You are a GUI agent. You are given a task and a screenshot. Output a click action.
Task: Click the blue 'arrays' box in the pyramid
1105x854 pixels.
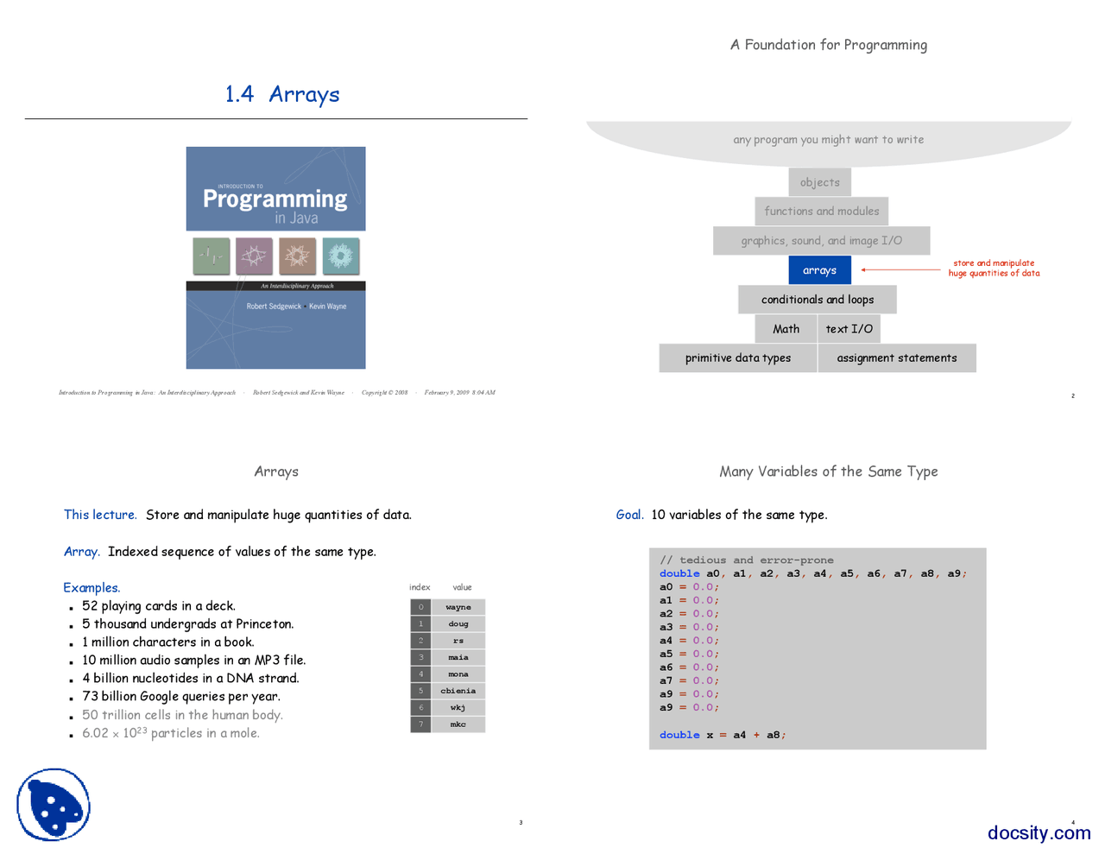point(819,270)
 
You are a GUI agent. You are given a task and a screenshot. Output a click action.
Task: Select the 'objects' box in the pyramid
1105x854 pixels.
point(819,182)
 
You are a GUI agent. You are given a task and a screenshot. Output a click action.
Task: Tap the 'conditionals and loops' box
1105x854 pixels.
point(818,300)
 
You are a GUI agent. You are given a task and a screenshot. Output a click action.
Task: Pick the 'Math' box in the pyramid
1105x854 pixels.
point(786,329)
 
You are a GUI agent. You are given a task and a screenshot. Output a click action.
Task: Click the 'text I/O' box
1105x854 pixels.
point(849,329)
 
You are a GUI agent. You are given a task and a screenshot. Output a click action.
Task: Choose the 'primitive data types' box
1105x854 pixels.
point(738,358)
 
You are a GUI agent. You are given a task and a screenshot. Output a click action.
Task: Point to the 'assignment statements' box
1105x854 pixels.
point(897,358)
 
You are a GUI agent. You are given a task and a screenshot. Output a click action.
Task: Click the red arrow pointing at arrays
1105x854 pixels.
point(900,270)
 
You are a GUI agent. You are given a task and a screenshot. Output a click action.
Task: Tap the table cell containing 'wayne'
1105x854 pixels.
point(458,607)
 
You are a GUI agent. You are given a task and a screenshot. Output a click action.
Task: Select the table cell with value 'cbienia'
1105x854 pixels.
point(458,691)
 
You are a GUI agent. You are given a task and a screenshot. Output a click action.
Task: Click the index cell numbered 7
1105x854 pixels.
point(421,724)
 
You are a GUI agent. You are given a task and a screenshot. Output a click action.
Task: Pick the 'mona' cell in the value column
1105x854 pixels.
point(458,674)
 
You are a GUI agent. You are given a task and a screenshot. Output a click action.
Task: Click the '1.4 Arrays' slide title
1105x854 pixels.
point(282,94)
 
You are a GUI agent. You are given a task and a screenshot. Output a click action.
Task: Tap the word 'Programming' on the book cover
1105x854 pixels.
point(275,199)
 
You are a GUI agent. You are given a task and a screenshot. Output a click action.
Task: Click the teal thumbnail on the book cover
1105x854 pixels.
point(341,256)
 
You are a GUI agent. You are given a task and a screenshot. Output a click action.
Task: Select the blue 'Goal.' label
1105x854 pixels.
point(629,515)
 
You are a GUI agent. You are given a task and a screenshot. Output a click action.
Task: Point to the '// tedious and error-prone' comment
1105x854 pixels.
point(747,560)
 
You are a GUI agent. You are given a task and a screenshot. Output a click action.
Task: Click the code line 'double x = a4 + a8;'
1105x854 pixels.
point(723,735)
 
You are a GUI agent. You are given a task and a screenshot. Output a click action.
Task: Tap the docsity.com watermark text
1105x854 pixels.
point(1039,832)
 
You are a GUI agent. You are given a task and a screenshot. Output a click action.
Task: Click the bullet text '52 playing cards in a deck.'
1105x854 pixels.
point(159,606)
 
